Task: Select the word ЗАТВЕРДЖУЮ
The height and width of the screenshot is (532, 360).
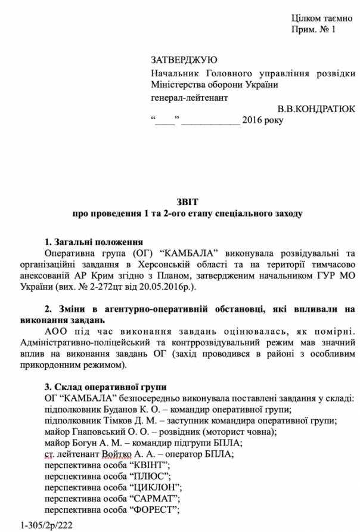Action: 184,60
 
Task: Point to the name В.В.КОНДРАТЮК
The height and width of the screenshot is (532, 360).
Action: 316,109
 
